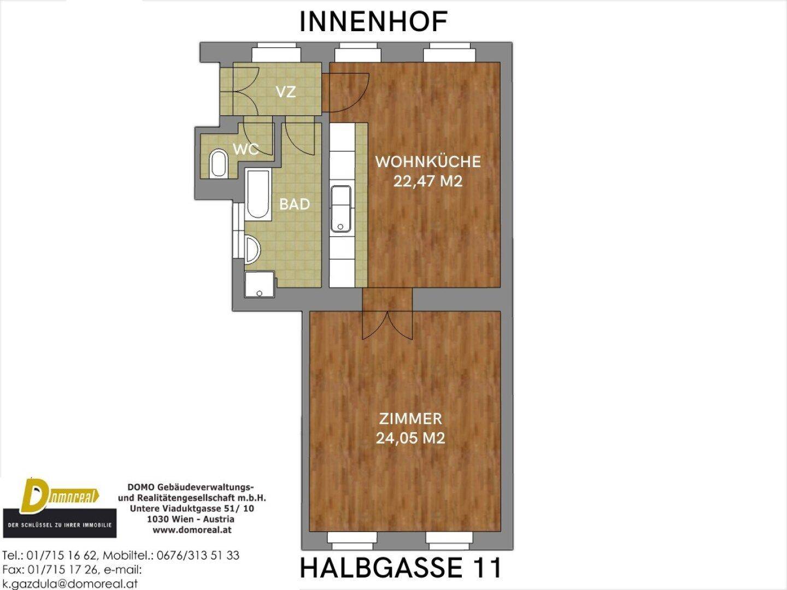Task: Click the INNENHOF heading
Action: (x=373, y=21)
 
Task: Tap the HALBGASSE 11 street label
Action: (x=401, y=568)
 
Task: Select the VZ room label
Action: (x=286, y=92)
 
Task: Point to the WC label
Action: (x=246, y=149)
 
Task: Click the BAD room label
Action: (x=295, y=204)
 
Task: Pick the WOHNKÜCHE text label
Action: (x=428, y=161)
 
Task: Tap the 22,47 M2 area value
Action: (x=428, y=181)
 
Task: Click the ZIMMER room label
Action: (x=410, y=419)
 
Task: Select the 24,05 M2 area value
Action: (x=410, y=438)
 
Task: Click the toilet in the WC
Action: (x=219, y=164)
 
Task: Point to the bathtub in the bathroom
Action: (x=258, y=196)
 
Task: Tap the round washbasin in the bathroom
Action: (x=252, y=249)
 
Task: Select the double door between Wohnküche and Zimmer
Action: (x=387, y=324)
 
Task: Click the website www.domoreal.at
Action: (x=192, y=530)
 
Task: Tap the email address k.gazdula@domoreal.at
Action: (x=70, y=583)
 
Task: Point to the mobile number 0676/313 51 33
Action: (x=198, y=555)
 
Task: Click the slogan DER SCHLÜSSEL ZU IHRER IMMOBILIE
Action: (x=60, y=525)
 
